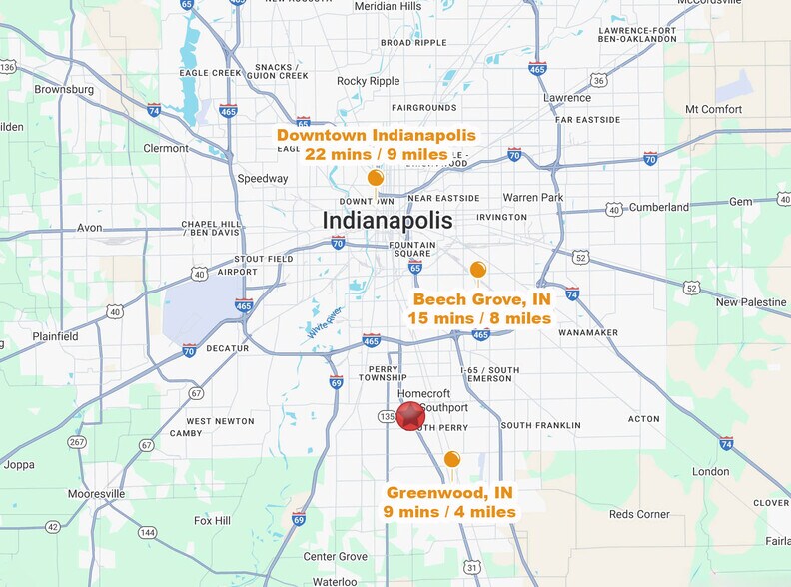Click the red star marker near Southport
click(x=410, y=416)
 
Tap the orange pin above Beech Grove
click(x=478, y=269)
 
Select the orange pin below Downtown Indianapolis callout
click(x=376, y=178)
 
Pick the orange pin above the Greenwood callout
click(x=452, y=459)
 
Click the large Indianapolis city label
click(x=388, y=220)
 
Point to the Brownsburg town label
click(x=64, y=89)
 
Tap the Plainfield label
click(x=54, y=337)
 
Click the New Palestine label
click(x=751, y=302)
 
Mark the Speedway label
click(x=262, y=179)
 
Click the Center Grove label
click(x=336, y=556)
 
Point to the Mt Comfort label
click(x=713, y=109)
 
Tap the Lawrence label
click(x=566, y=98)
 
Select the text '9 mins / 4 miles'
click(x=449, y=512)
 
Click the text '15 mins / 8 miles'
click(x=479, y=318)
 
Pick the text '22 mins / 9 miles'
click(x=376, y=153)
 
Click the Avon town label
click(x=90, y=227)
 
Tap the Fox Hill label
click(x=213, y=521)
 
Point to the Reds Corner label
click(x=639, y=514)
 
